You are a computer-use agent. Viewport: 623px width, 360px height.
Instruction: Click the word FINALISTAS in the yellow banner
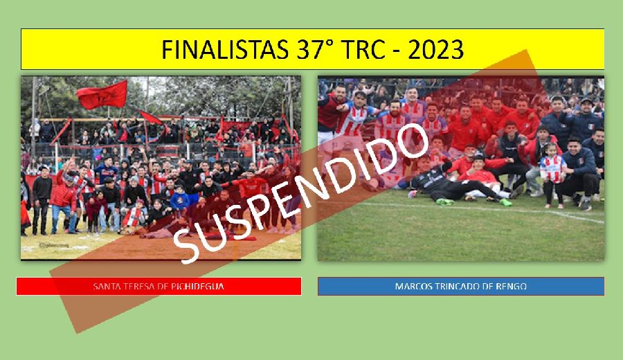[224, 50]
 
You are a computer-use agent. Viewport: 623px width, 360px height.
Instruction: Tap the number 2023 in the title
[436, 50]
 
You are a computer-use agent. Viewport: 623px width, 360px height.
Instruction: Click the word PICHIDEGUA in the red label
[197, 286]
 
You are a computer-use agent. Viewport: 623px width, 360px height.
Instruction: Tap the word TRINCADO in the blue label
[455, 286]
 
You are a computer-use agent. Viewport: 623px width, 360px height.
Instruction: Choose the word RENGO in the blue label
[512, 286]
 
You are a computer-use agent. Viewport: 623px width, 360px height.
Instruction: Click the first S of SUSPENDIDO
[187, 246]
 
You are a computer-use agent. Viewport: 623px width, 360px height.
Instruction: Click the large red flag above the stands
[102, 95]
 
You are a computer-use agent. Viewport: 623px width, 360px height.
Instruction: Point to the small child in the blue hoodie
[179, 199]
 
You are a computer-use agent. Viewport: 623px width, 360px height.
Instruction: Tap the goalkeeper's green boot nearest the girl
[506, 202]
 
